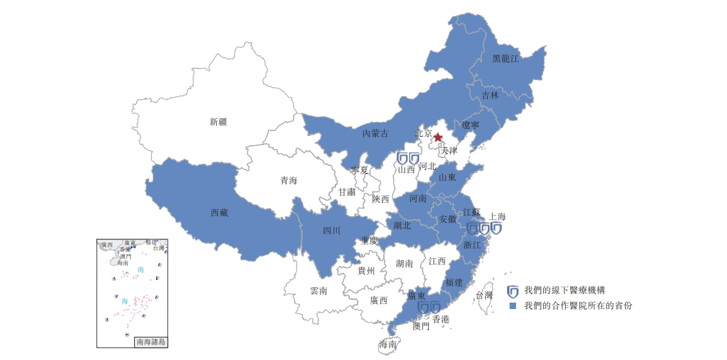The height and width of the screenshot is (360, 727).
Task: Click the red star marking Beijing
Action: (438, 137)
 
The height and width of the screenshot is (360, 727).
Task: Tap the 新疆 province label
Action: (218, 122)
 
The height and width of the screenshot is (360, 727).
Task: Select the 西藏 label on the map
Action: (219, 212)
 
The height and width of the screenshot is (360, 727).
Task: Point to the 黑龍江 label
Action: (505, 58)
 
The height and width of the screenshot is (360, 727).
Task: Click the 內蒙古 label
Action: (375, 134)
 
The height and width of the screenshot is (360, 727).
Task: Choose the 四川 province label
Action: (332, 230)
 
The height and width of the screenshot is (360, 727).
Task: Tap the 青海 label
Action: (288, 181)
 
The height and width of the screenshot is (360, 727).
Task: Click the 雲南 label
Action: (319, 291)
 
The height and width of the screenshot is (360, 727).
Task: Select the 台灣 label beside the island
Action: (484, 295)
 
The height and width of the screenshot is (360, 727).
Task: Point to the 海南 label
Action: (388, 345)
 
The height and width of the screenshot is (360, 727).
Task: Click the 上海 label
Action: (497, 217)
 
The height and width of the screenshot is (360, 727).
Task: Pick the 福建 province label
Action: (453, 282)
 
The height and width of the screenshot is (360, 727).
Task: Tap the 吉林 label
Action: (490, 95)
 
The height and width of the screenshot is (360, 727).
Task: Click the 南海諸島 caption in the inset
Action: (151, 342)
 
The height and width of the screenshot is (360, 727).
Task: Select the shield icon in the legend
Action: (513, 291)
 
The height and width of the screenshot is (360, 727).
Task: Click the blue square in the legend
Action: (513, 306)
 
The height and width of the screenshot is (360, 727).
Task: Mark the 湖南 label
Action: (404, 263)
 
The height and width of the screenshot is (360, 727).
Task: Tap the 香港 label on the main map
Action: (441, 319)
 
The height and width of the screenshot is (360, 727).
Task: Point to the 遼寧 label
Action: (470, 125)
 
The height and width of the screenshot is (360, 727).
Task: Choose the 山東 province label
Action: (447, 177)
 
